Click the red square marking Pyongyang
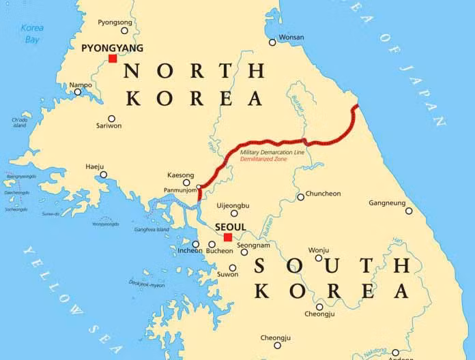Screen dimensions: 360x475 [113, 59]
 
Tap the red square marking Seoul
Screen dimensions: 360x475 [227, 237]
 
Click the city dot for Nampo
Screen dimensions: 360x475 [78, 92]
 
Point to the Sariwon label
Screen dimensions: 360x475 [109, 126]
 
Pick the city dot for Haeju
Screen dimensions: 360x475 [104, 175]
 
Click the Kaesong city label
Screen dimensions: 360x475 [180, 175]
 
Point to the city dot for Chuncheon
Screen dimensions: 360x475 [300, 197]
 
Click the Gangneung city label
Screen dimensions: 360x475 [387, 203]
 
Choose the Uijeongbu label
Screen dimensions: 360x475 [233, 205]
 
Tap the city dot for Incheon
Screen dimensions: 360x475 [196, 244]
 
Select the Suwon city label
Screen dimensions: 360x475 [228, 275]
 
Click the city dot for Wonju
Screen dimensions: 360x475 [318, 258]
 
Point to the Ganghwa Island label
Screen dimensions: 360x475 [152, 230]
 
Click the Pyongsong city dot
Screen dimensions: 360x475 [124, 30]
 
